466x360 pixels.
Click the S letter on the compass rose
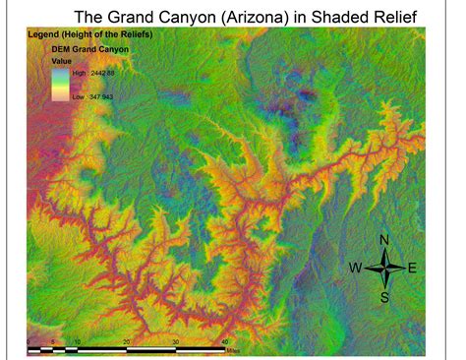point(384,296)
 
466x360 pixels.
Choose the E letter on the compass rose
point(412,268)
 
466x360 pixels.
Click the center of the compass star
point(384,268)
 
